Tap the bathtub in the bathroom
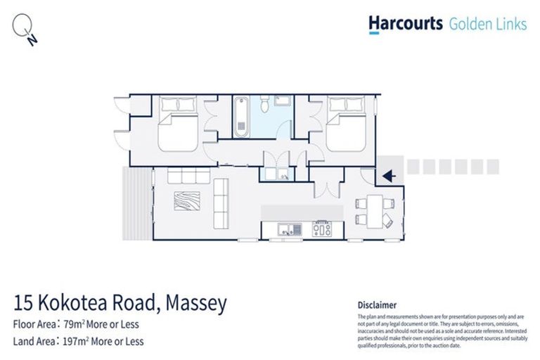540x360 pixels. click(x=241, y=116)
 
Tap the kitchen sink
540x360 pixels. click(x=284, y=228)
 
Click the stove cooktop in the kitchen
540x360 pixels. click(x=322, y=228)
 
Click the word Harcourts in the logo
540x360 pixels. click(x=406, y=24)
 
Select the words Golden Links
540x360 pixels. click(x=487, y=24)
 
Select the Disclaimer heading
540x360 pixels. click(x=377, y=305)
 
